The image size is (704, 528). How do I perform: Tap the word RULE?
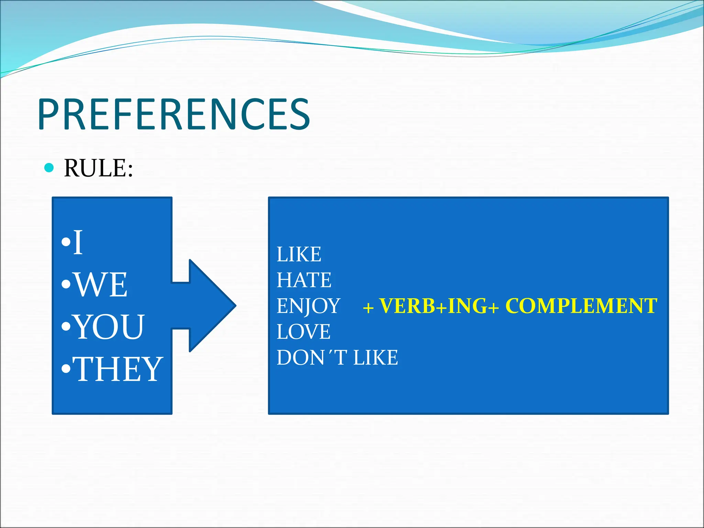click(98, 168)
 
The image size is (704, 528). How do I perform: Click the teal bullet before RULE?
click(49, 168)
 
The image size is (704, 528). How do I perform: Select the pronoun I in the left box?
click(78, 243)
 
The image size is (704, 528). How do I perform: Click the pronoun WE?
click(101, 285)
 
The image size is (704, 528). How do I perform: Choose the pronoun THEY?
click(118, 369)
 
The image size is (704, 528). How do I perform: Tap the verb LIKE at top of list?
click(299, 254)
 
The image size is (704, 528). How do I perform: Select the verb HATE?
click(304, 280)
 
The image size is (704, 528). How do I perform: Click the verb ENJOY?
click(308, 306)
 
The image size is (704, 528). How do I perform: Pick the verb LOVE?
click(304, 332)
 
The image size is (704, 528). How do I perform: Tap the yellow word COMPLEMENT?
click(581, 305)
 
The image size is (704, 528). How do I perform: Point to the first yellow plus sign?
click(368, 307)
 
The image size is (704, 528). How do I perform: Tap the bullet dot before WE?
click(66, 285)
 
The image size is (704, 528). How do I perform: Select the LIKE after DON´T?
click(376, 358)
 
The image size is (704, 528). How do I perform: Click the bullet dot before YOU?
click(66, 327)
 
